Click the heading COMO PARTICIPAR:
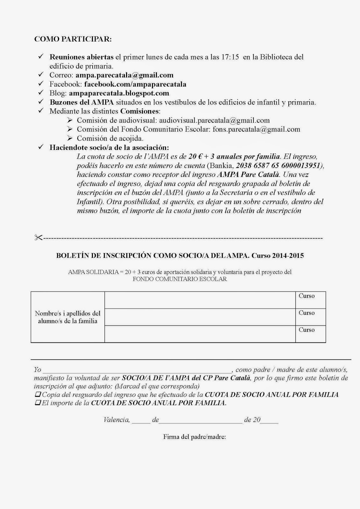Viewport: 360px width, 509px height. click(x=73, y=39)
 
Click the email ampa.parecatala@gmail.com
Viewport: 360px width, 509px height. click(x=124, y=75)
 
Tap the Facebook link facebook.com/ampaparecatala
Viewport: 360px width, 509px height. click(x=135, y=84)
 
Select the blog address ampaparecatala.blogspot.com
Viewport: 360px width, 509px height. click(x=119, y=93)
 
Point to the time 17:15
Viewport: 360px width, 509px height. click(x=230, y=57)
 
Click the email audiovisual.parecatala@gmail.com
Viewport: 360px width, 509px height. click(x=214, y=121)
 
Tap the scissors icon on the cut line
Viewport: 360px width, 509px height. click(x=38, y=238)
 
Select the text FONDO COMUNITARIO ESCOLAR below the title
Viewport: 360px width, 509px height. click(x=180, y=279)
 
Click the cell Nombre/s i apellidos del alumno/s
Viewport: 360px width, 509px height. click(x=67, y=317)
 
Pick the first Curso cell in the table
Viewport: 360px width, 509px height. click(x=310, y=300)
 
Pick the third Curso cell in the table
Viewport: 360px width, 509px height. click(x=310, y=334)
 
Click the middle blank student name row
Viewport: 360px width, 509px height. click(x=200, y=317)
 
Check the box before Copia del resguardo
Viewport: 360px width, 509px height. click(x=38, y=394)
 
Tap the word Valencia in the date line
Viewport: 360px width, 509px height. click(x=116, y=420)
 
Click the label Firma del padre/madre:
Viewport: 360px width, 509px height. click(x=194, y=437)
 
